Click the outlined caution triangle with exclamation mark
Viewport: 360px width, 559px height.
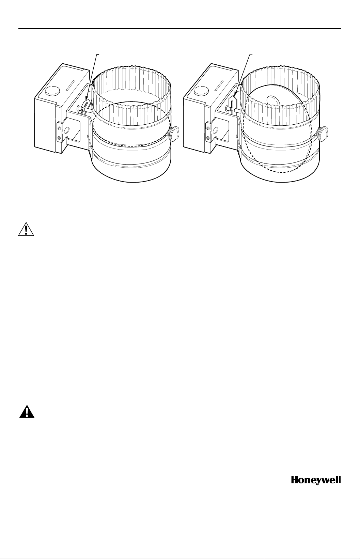point(26,229)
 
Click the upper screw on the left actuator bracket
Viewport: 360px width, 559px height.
point(59,128)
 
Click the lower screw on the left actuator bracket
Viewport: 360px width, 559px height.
point(59,138)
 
